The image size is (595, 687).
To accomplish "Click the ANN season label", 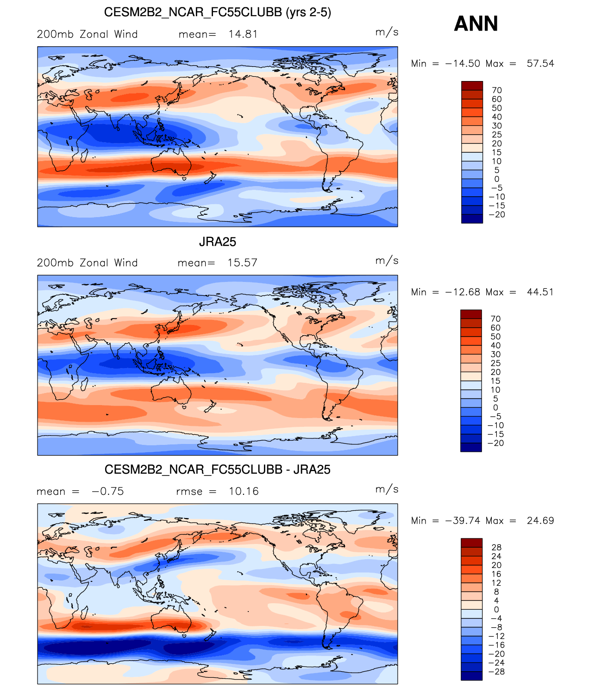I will click(x=476, y=24).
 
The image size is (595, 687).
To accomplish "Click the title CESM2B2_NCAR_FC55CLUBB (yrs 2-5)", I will click(x=217, y=12).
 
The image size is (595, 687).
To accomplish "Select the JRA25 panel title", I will click(x=217, y=242).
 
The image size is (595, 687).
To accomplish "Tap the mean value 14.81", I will click(x=243, y=34).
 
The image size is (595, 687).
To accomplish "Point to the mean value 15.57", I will click(x=242, y=263).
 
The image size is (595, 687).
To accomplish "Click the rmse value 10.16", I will click(x=244, y=492).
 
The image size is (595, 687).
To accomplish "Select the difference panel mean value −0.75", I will click(x=107, y=492).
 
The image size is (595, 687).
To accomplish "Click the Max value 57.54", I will click(x=540, y=63).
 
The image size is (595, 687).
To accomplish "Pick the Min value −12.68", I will click(x=463, y=292).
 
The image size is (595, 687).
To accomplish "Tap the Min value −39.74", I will click(x=463, y=521).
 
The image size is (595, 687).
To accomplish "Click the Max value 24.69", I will click(x=540, y=521).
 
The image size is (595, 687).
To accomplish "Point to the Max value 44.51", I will click(x=540, y=292).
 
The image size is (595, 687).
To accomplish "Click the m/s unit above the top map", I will click(x=387, y=32).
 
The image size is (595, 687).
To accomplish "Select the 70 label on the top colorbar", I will click(x=497, y=90).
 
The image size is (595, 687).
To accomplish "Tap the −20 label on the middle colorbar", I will click(x=496, y=443).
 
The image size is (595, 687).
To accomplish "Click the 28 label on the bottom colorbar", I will click(x=496, y=548).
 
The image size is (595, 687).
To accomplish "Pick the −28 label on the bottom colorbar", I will click(x=496, y=672).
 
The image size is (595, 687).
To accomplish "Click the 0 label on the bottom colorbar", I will click(x=496, y=610).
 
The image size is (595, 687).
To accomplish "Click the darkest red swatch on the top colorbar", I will click(x=472, y=86).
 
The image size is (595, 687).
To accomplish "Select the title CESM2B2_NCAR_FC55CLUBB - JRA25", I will click(x=217, y=470).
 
